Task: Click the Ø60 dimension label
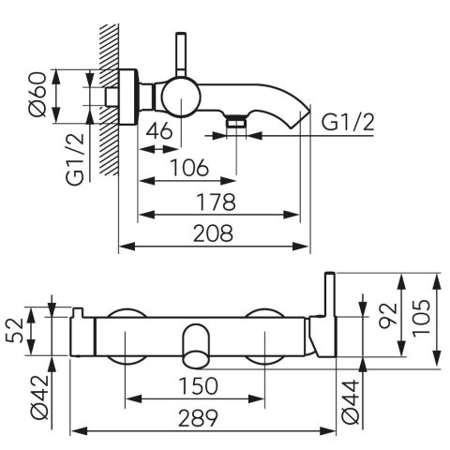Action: tap(37, 95)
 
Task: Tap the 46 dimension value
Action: tap(159, 130)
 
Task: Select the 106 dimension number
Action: tap(189, 167)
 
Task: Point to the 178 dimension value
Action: tap(216, 202)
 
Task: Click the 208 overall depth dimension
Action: tap(214, 233)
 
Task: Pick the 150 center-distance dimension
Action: tap(198, 385)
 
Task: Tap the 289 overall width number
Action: tap(198, 418)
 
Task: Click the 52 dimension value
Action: tap(15, 330)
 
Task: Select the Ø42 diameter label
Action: tap(40, 397)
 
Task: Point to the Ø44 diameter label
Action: tap(351, 401)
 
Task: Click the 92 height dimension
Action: tap(388, 316)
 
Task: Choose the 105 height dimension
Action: tap(421, 318)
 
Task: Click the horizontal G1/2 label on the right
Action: tap(348, 122)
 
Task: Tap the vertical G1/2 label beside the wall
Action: tap(75, 158)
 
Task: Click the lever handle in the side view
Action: tap(181, 53)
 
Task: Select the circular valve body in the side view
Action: tap(181, 97)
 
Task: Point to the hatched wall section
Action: tap(109, 99)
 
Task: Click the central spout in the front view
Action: tap(196, 346)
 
